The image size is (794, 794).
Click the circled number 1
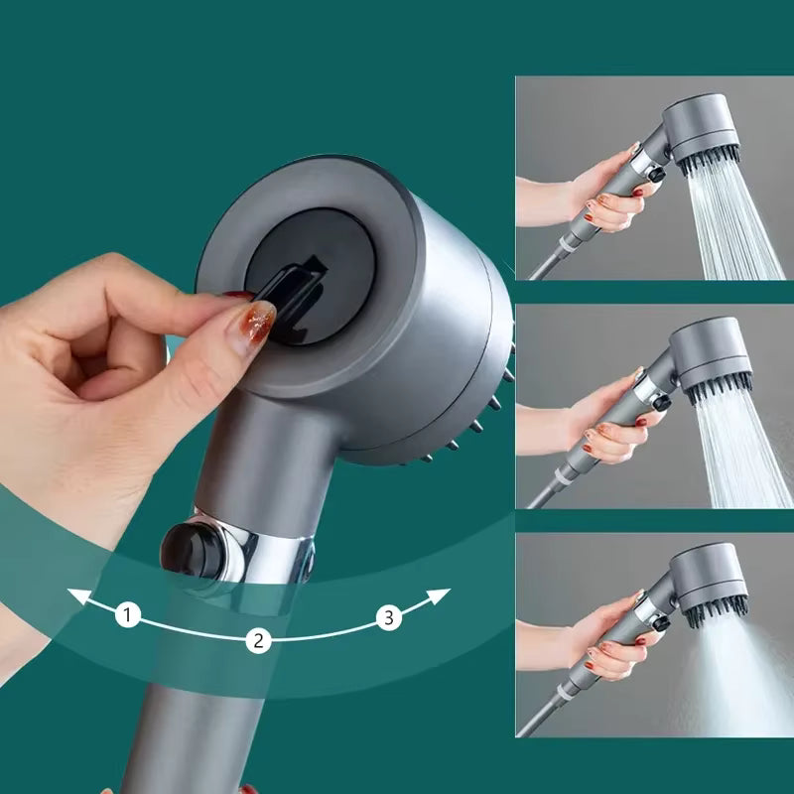[x=127, y=615]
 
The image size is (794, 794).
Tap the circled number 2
[x=258, y=640]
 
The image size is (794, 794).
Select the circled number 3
[x=389, y=618]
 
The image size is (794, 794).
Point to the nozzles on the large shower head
[x=466, y=427]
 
